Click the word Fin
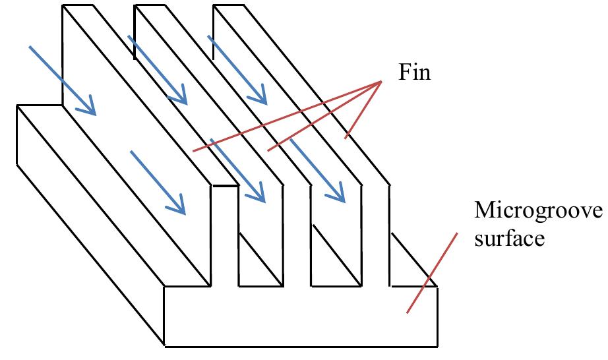pos(414,72)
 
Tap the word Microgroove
pos(538,212)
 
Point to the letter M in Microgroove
pos(483,212)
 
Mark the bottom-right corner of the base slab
pos(438,345)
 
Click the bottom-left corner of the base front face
pos(164,345)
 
